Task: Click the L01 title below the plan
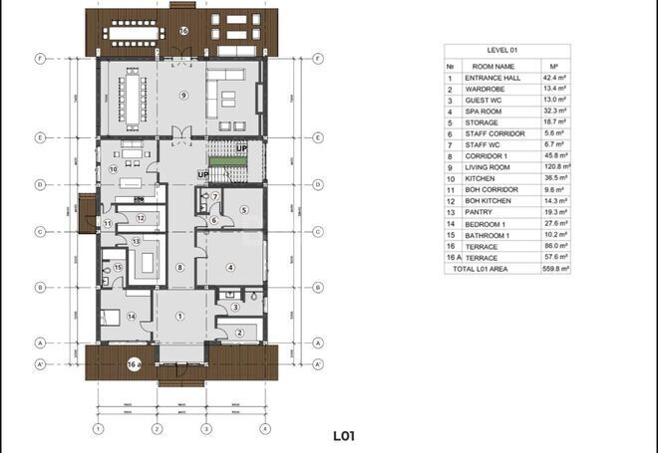click(345, 435)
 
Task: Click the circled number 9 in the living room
click(183, 95)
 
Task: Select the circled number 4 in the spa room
click(230, 267)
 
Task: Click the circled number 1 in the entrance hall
click(180, 316)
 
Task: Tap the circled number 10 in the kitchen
click(114, 169)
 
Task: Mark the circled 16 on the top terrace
click(183, 31)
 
